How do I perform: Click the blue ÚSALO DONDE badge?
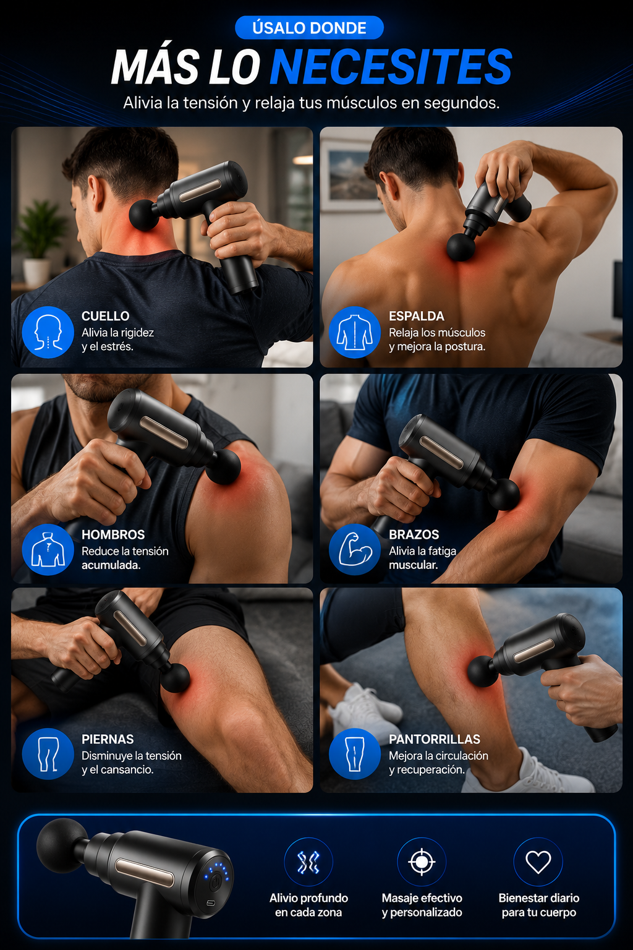pyautogui.click(x=310, y=28)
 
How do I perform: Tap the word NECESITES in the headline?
pyautogui.click(x=391, y=67)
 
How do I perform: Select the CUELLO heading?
pyautogui.click(x=106, y=316)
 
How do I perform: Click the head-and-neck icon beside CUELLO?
pyautogui.click(x=48, y=332)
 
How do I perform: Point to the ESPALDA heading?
pyautogui.click(x=417, y=316)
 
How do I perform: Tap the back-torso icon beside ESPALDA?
pyautogui.click(x=355, y=332)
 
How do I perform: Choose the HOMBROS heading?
pyautogui.click(x=113, y=534)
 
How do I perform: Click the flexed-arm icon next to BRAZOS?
pyautogui.click(x=355, y=550)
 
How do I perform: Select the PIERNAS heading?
pyautogui.click(x=108, y=739)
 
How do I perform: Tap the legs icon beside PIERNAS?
pyautogui.click(x=48, y=754)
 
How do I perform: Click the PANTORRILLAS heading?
pyautogui.click(x=435, y=739)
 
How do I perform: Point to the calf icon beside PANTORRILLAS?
pyautogui.click(x=355, y=754)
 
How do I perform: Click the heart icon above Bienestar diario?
pyautogui.click(x=538, y=862)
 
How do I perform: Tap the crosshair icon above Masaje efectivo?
pyautogui.click(x=422, y=862)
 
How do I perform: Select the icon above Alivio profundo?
pyautogui.click(x=308, y=862)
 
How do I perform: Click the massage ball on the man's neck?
pyautogui.click(x=144, y=215)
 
